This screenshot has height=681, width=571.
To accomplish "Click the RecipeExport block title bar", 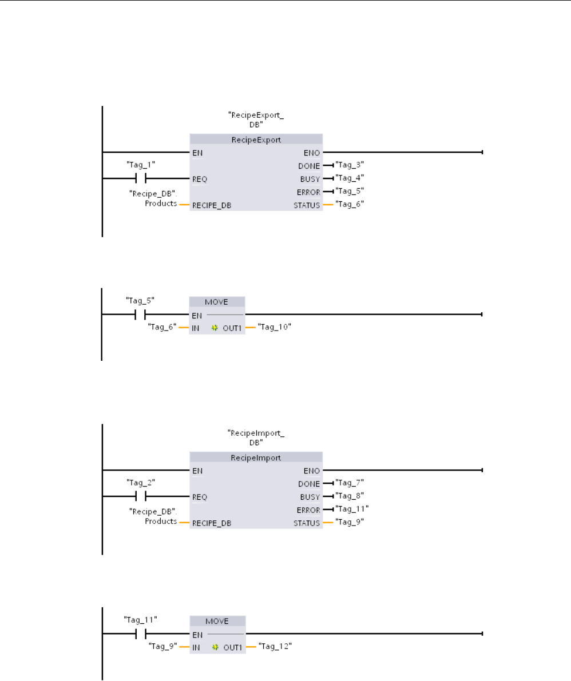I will [x=255, y=140].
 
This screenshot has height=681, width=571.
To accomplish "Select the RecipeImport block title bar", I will [x=255, y=457].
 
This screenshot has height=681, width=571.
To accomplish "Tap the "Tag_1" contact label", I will [x=140, y=163].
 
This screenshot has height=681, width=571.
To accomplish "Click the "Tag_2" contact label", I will [x=140, y=481].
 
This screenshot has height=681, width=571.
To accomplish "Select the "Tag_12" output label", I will [x=272, y=646].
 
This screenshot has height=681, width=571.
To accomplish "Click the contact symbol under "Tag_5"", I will [x=140, y=314].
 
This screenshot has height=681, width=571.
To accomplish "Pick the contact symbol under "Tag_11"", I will [x=140, y=634].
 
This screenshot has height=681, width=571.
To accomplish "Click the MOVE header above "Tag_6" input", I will [x=217, y=302].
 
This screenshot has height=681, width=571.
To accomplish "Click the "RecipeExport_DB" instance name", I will [x=255, y=121].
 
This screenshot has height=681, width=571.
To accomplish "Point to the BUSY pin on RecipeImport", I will [x=310, y=496].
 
